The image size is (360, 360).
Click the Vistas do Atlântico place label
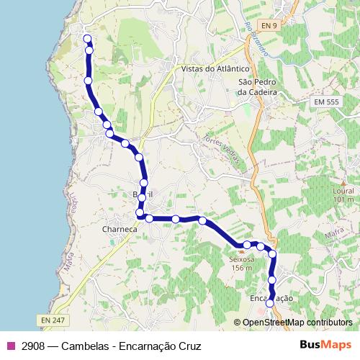[x=210, y=69]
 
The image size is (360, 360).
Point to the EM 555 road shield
[x=325, y=103]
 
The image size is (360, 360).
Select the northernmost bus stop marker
[x=87, y=39]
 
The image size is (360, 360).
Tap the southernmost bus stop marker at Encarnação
[x=270, y=304]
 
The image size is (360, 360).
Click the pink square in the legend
[x=10, y=346]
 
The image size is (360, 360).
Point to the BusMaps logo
[x=326, y=345]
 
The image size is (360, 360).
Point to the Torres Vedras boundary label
[x=220, y=149]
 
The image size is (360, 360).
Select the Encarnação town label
[x=270, y=297]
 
